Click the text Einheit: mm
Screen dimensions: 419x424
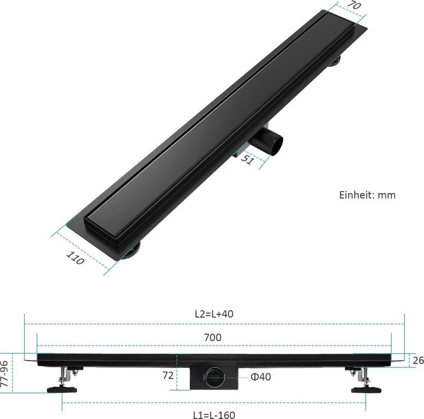pyautogui.click(x=367, y=195)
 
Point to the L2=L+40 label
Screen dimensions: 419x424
pyautogui.click(x=214, y=314)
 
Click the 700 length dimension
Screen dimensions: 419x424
pyautogui.click(x=213, y=337)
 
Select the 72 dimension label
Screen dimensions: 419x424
pyautogui.click(x=167, y=375)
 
